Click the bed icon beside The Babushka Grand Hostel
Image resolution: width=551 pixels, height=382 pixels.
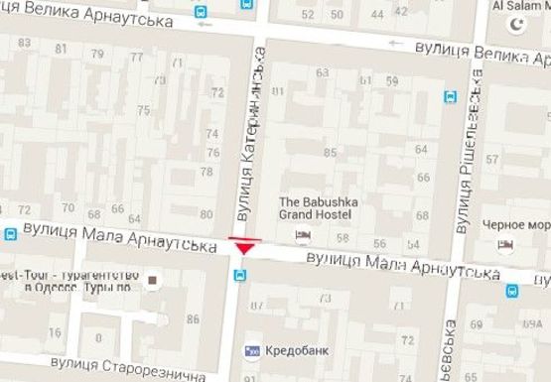coord(304,234)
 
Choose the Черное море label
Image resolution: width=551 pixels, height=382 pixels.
coord(516,224)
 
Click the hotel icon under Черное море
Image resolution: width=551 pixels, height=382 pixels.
coord(506,243)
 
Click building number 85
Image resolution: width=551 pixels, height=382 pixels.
coord(330,152)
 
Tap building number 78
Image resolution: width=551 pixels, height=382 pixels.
coord(207,171)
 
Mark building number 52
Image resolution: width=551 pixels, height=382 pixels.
coord(308,14)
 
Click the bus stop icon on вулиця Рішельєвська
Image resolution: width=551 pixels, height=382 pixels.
coord(450,97)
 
